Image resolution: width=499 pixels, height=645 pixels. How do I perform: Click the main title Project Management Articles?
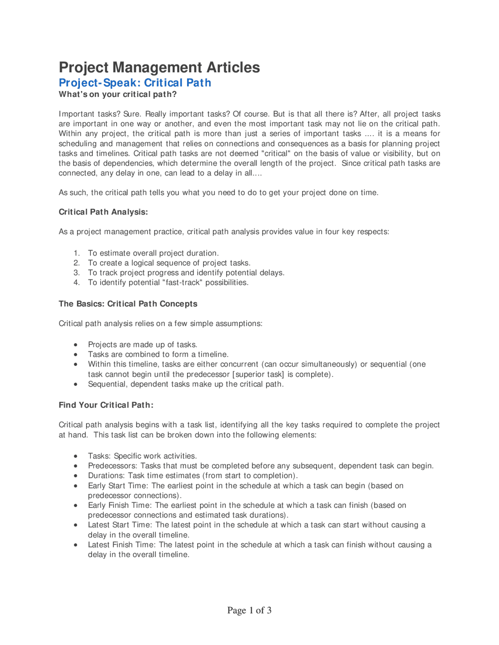click(x=159, y=67)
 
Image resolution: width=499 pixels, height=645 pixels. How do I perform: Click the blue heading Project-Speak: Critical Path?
click(x=135, y=83)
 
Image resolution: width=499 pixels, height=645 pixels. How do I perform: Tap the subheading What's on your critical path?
click(x=117, y=94)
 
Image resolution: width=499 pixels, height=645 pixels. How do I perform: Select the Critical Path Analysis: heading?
click(x=103, y=212)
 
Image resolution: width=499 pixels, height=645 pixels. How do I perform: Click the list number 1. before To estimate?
click(x=77, y=253)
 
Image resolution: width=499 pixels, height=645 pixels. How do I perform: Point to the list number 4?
click(x=77, y=282)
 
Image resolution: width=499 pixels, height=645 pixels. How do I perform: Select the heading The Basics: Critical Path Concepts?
click(x=128, y=304)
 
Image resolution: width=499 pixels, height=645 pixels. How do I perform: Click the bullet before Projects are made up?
click(x=76, y=345)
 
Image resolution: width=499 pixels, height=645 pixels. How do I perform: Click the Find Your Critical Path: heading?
click(x=106, y=405)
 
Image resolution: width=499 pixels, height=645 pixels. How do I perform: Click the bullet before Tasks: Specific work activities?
click(x=76, y=456)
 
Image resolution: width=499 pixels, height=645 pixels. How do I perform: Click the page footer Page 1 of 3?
click(x=249, y=610)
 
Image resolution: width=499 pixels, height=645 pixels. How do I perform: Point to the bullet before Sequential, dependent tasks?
click(x=76, y=384)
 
